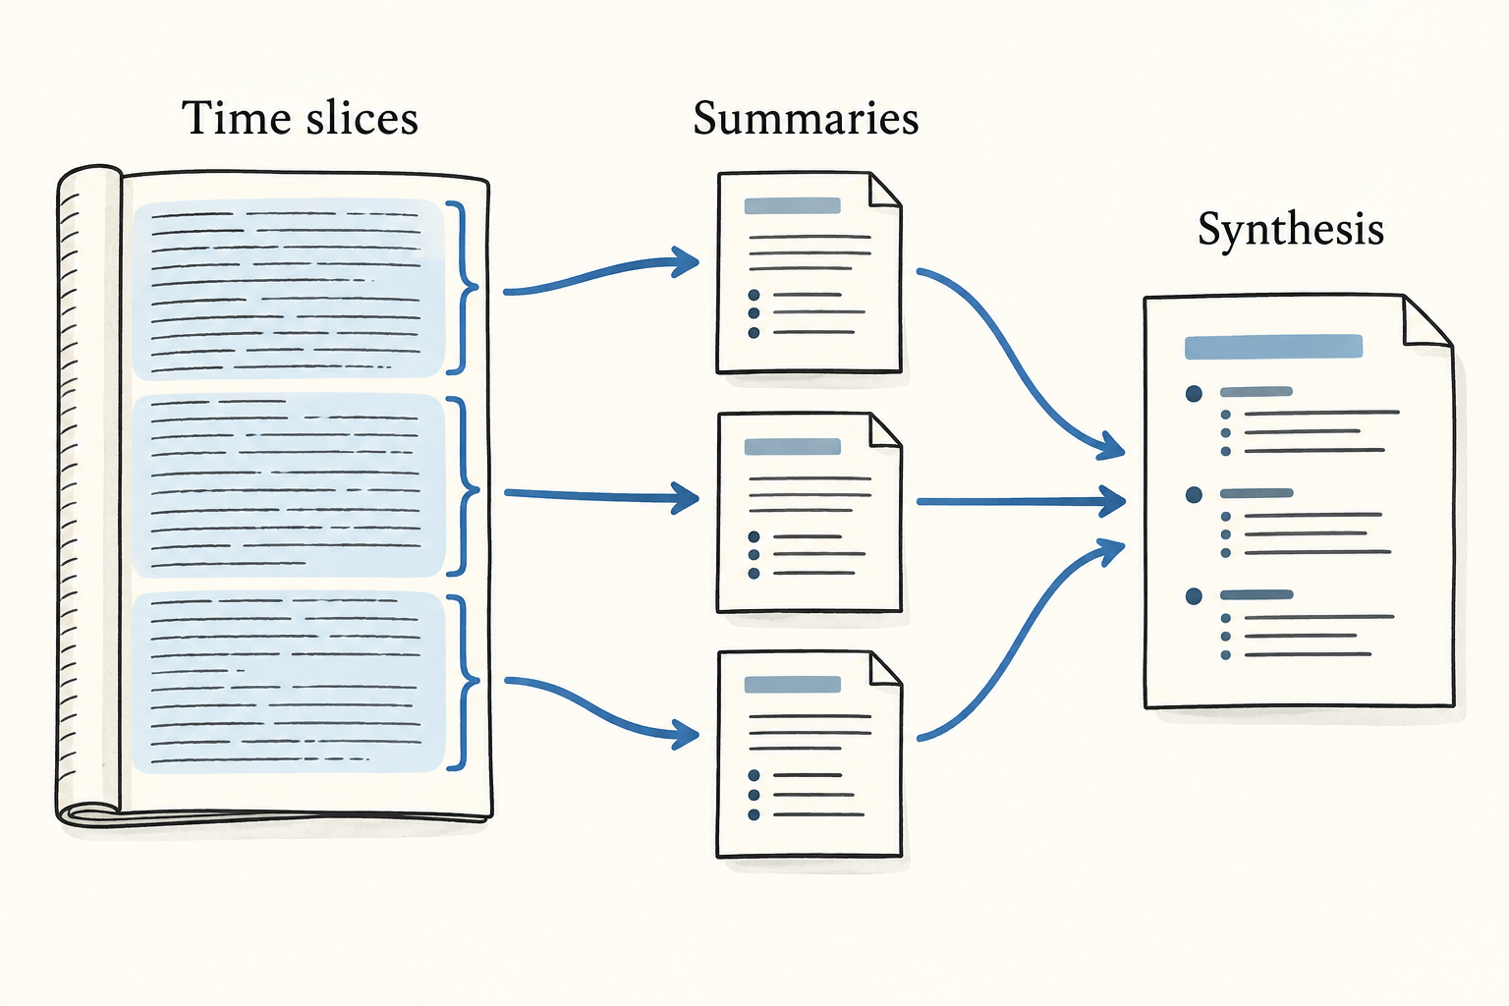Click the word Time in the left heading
pyautogui.click(x=237, y=119)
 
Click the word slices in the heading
pyautogui.click(x=362, y=119)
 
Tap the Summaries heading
pyautogui.click(x=806, y=119)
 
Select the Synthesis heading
pyautogui.click(x=1291, y=230)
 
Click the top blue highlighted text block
pyautogui.click(x=288, y=289)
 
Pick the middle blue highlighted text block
pyautogui.click(x=288, y=486)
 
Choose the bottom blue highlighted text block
pyautogui.click(x=288, y=682)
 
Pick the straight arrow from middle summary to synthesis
pyautogui.click(x=1021, y=502)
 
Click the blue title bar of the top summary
pyautogui.click(x=792, y=205)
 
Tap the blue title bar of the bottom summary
pyautogui.click(x=792, y=685)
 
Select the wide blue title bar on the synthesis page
pyautogui.click(x=1273, y=347)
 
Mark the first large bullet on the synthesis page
pyautogui.click(x=1194, y=394)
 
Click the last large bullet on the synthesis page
pyautogui.click(x=1194, y=596)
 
